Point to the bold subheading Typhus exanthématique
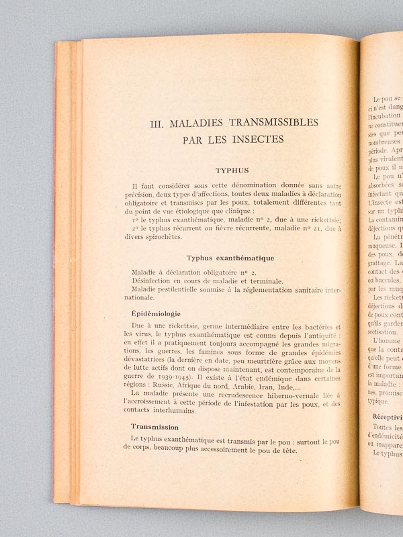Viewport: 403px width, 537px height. [x=230, y=257]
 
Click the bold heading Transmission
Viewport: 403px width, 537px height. [x=154, y=426]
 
